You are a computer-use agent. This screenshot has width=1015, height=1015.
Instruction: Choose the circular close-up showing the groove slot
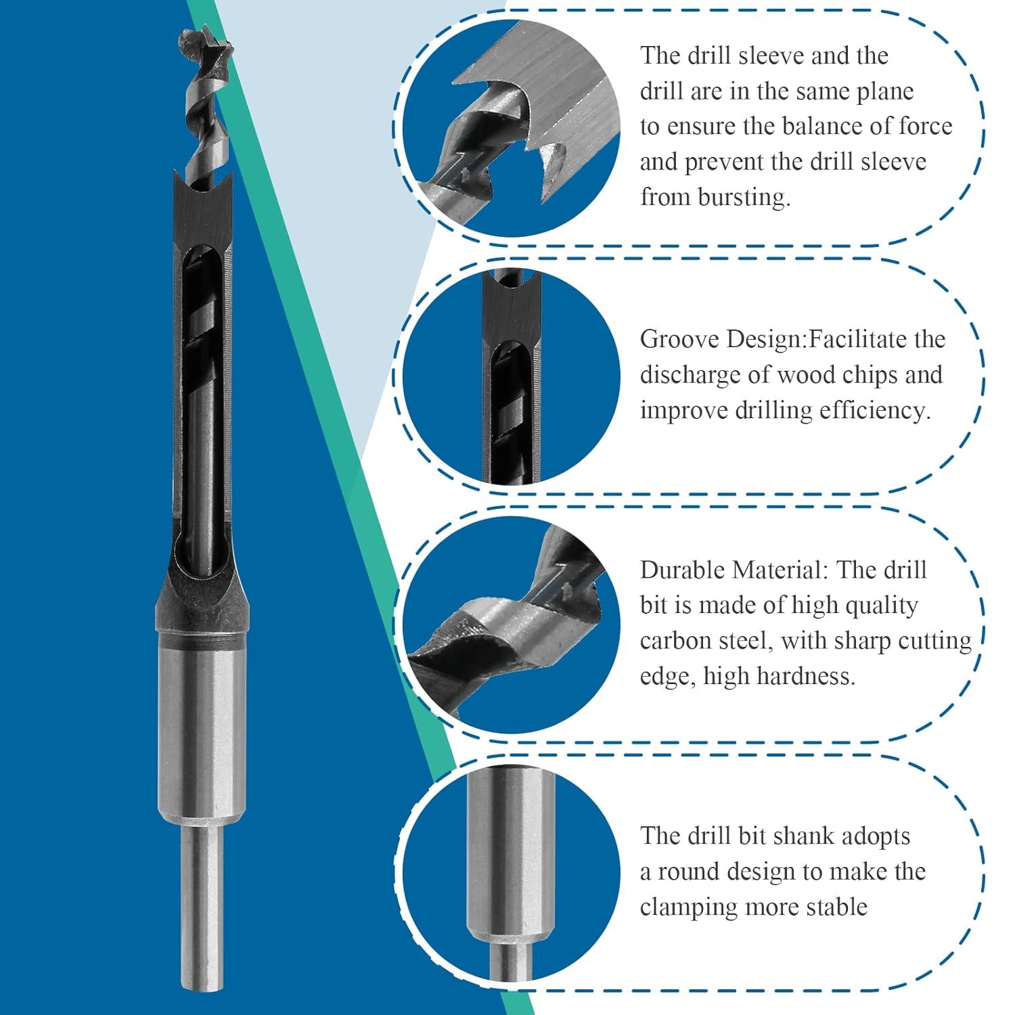(511, 376)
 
